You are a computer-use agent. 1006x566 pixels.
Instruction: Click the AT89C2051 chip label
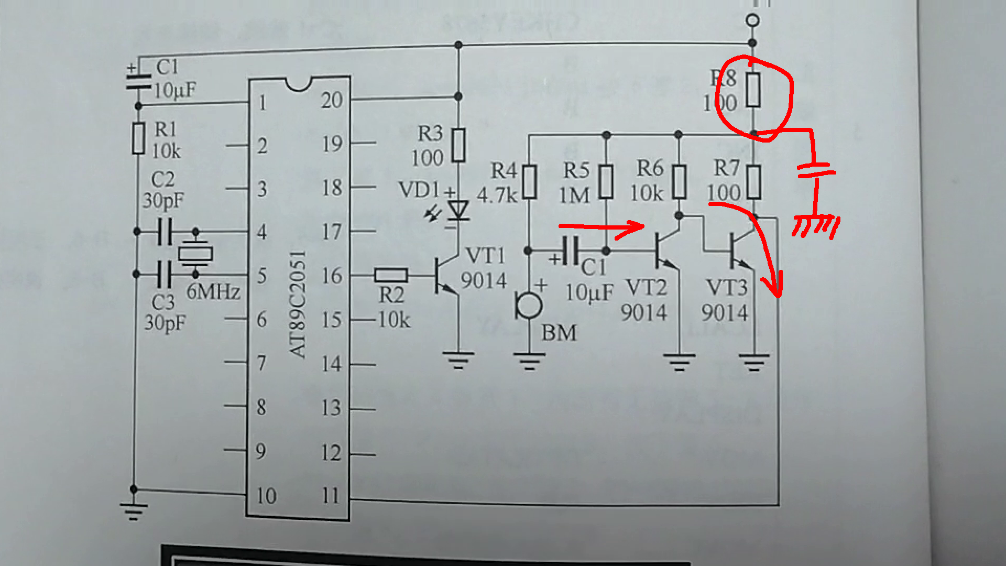(298, 304)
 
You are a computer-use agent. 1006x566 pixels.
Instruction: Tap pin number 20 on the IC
(332, 100)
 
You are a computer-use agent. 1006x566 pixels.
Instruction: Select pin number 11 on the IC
(331, 495)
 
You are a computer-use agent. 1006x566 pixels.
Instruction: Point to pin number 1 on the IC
(263, 103)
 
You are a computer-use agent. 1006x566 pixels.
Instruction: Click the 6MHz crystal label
(213, 291)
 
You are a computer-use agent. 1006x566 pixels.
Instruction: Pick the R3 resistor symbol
(458, 145)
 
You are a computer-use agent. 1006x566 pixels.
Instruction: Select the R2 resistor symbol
(391, 275)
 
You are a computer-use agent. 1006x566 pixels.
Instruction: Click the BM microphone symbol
(528, 305)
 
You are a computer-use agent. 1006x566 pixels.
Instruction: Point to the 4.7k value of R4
(497, 195)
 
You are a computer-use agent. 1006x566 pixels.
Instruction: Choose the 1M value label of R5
(574, 195)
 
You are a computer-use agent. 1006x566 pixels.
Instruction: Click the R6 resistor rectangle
(679, 181)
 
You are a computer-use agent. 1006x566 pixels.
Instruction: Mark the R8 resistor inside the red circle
(753, 90)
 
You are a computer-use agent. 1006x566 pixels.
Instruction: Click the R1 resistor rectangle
(138, 138)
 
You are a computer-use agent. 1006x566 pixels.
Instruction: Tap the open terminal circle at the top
(752, 20)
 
